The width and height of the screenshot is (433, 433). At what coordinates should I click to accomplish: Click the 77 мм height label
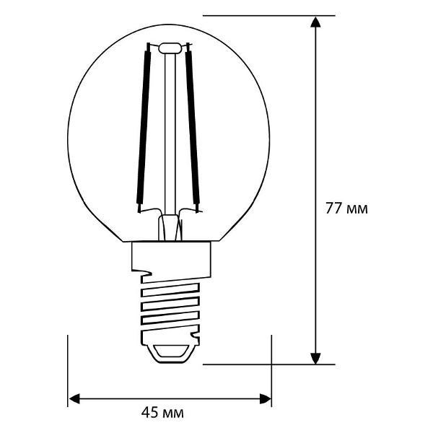click(346, 209)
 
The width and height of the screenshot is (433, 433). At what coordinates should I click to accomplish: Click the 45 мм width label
click(162, 413)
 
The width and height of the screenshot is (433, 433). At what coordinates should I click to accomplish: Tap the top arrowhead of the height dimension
click(315, 22)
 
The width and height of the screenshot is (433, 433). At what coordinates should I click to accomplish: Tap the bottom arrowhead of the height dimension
click(315, 358)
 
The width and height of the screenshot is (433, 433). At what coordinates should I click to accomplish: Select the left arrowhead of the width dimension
click(74, 399)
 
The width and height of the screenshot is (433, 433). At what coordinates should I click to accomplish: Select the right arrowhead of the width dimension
click(265, 399)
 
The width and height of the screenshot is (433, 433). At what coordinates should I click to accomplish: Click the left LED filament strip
click(144, 128)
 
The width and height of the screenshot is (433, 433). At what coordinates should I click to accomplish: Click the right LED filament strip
click(193, 128)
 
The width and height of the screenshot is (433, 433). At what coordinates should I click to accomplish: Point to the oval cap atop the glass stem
click(170, 48)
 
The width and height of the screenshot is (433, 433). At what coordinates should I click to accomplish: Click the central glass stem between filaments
click(170, 134)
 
